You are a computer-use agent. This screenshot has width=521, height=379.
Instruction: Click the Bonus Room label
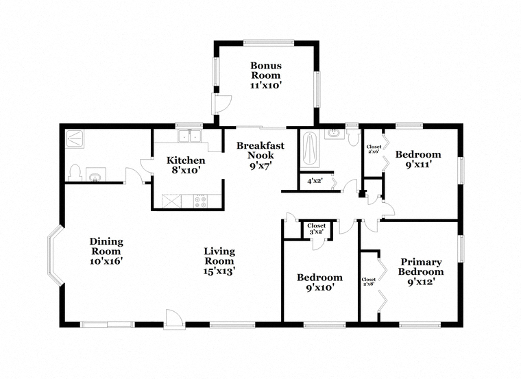pos(266,71)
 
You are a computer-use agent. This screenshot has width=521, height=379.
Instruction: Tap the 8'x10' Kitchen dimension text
pos(185,171)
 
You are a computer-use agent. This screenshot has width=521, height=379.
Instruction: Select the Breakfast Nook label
pos(260,151)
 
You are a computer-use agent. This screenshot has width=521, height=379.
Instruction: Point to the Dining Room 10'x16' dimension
pos(106,261)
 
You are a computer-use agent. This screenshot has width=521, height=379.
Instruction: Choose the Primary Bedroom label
pos(421,267)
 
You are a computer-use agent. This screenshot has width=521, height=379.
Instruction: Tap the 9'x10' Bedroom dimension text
pos(320,287)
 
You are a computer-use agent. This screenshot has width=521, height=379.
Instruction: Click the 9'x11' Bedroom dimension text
pos(418,164)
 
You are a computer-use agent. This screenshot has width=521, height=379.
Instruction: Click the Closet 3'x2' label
pos(316,229)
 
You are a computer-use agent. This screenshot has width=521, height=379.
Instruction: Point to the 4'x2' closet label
pos(315,182)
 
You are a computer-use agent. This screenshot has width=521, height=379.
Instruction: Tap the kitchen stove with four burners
pos(201,201)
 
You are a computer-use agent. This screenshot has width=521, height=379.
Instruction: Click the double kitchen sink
pos(189,136)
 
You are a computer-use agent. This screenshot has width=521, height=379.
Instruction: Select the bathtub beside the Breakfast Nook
pos(310,149)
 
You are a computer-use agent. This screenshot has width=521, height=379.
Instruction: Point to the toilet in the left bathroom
pos(75,173)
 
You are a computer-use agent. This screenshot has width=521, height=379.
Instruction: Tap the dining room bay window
pos(54,255)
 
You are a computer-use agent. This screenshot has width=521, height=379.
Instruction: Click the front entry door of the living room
pos(174,319)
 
